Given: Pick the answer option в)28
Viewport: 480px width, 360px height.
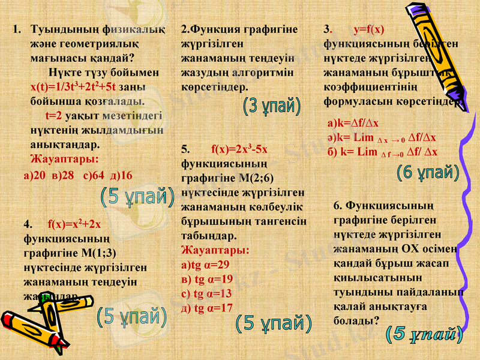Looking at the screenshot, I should pos(63,175).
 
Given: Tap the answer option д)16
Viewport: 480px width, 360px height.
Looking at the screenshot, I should pos(121,175).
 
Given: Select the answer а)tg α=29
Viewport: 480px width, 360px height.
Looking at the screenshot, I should pos(205,265).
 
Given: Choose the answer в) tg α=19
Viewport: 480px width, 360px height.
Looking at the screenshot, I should pos(207,279).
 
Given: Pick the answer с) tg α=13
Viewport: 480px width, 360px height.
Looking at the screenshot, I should pos(206,293).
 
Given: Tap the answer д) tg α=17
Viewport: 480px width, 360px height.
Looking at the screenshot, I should pos(207,308).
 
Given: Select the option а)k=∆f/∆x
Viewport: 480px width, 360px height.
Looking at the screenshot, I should pos(353,124).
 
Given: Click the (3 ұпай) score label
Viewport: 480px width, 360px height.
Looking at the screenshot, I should pos(272,106).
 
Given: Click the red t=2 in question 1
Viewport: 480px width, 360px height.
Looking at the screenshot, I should pos(54,115).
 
